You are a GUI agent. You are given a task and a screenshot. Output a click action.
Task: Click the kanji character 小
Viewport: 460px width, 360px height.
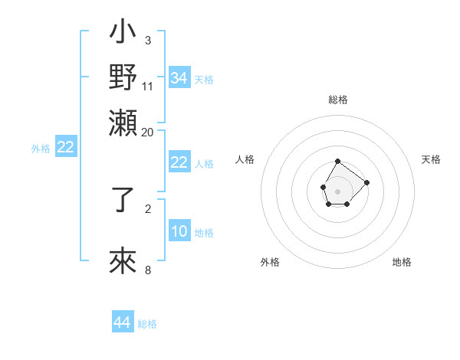click(x=123, y=34)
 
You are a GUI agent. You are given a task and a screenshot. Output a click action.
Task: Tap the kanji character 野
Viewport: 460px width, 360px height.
click(x=123, y=77)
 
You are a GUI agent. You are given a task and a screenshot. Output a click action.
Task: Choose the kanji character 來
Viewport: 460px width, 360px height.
click(x=123, y=262)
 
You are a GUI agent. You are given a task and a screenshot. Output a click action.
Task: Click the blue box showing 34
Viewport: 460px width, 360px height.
click(x=179, y=78)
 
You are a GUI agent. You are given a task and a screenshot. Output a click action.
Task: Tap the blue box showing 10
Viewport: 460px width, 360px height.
click(x=179, y=232)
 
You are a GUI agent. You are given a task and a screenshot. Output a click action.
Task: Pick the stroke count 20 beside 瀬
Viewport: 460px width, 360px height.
click(x=147, y=132)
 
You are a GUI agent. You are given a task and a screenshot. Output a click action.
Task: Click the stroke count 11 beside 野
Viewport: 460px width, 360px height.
click(x=147, y=86)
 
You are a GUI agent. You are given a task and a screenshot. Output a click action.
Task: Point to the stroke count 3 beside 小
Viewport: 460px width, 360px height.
click(x=147, y=39)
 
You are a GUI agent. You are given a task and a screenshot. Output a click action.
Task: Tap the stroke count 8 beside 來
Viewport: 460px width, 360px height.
click(x=147, y=269)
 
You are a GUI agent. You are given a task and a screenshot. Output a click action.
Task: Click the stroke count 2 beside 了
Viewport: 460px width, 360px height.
click(x=147, y=208)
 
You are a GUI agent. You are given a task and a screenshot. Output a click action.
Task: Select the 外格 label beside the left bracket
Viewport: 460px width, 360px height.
click(x=41, y=149)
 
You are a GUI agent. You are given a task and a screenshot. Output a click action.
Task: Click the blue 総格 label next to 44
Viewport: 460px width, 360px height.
click(x=147, y=324)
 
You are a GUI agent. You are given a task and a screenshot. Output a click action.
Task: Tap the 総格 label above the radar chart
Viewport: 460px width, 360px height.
click(x=338, y=100)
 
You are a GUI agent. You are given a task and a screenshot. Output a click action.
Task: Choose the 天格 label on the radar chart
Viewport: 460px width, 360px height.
click(x=431, y=159)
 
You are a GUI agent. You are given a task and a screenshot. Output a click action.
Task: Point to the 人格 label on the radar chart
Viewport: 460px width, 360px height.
click(x=245, y=159)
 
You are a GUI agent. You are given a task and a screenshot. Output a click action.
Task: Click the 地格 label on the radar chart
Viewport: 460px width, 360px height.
click(x=402, y=262)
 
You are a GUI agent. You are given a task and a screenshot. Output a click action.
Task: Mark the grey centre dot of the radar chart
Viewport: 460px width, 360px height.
click(x=337, y=191)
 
